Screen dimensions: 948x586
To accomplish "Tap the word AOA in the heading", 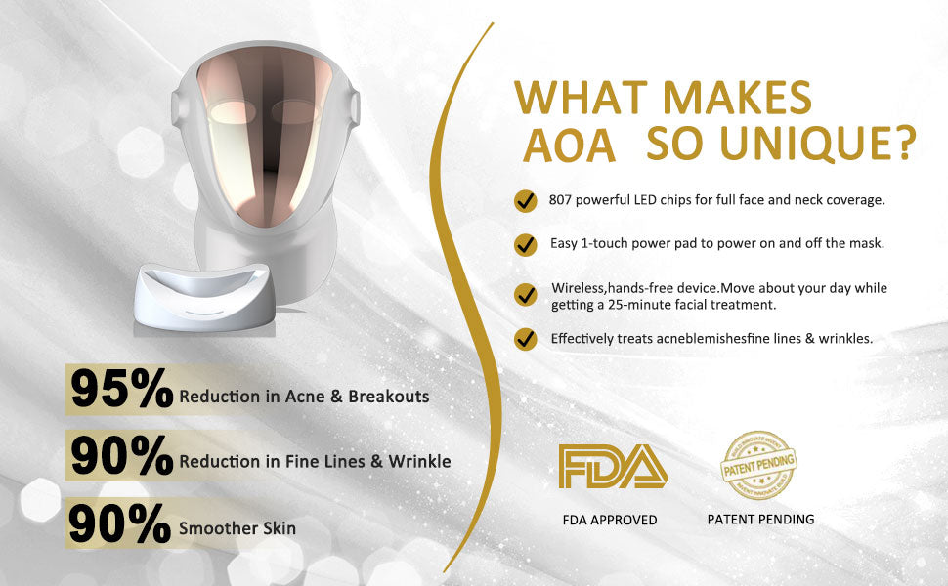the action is tap(569, 146).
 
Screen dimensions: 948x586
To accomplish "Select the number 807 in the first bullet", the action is tap(560, 200).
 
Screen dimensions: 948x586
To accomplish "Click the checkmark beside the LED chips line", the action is tap(526, 200).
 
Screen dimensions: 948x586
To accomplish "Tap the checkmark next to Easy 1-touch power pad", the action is tap(526, 245).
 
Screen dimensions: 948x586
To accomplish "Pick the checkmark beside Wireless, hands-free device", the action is tap(526, 295).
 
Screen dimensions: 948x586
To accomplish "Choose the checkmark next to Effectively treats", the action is tap(526, 339).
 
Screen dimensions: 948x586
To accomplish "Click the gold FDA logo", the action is tap(613, 467).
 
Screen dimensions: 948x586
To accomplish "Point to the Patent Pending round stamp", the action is tap(758, 465).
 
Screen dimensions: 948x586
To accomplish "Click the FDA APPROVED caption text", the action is tap(610, 520).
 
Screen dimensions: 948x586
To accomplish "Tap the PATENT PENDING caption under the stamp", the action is tap(760, 519).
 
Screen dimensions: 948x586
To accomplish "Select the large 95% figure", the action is tap(121, 389).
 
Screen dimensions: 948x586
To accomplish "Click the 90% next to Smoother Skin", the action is tap(119, 523).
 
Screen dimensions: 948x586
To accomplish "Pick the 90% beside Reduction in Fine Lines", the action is tap(121, 455).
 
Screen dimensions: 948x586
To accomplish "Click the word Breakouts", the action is tap(389, 397).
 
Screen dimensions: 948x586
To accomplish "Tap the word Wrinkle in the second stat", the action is tap(419, 462).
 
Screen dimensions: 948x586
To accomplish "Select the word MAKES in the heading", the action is tap(736, 97).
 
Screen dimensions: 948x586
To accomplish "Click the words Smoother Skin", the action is tap(237, 528).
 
